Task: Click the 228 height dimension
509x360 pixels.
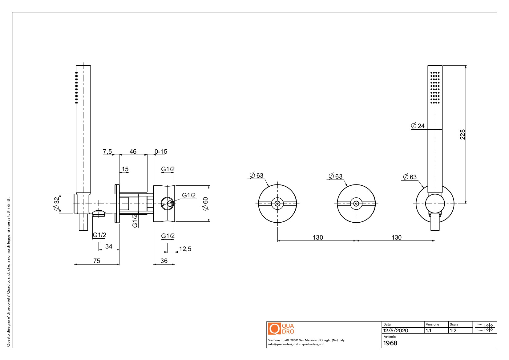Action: pyautogui.click(x=462, y=135)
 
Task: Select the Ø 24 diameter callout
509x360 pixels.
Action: pyautogui.click(x=418, y=126)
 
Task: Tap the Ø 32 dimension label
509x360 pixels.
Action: pyautogui.click(x=56, y=203)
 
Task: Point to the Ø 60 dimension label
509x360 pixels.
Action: pyautogui.click(x=205, y=203)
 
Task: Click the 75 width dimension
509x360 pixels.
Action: pyautogui.click(x=97, y=261)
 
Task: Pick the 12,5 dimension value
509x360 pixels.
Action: pyautogui.click(x=185, y=249)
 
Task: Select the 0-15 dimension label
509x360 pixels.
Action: pyautogui.click(x=161, y=152)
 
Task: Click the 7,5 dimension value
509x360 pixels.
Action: pyautogui.click(x=107, y=152)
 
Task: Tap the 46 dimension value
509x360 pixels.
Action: pyautogui.click(x=133, y=152)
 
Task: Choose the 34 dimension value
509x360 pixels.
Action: pyautogui.click(x=109, y=246)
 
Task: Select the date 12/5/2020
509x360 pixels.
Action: pyautogui.click(x=396, y=330)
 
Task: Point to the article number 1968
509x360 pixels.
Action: pyautogui.click(x=390, y=343)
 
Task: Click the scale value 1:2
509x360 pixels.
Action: pyautogui.click(x=453, y=330)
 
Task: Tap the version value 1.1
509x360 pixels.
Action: pyautogui.click(x=428, y=330)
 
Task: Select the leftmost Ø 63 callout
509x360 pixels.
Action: pyautogui.click(x=257, y=175)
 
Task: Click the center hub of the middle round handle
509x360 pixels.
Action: pyautogui.click(x=356, y=203)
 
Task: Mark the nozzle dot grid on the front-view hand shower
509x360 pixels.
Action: pyautogui.click(x=435, y=87)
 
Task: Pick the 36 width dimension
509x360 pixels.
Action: pyautogui.click(x=164, y=261)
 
